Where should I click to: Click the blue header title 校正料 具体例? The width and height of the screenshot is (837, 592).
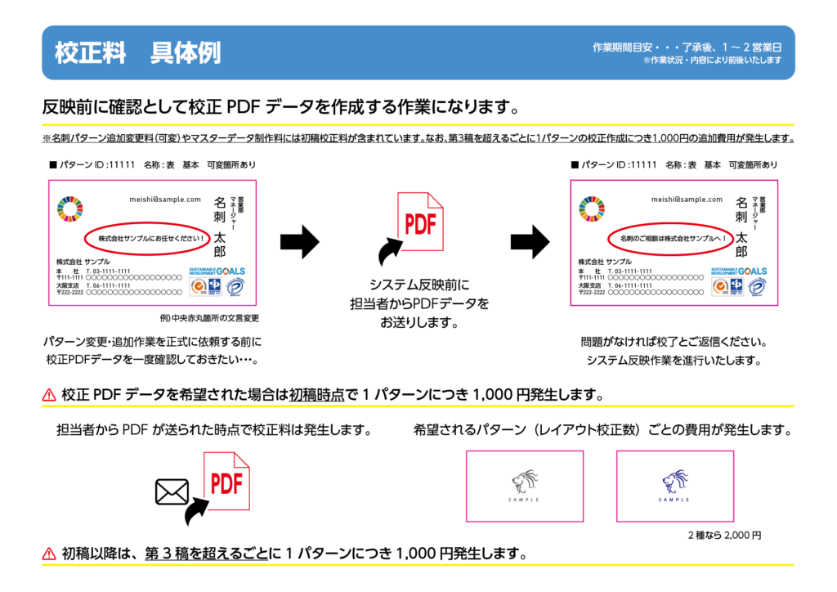tap(137, 53)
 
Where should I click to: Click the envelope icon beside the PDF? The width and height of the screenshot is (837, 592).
tap(172, 491)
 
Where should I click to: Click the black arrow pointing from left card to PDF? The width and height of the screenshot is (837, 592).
tap(299, 242)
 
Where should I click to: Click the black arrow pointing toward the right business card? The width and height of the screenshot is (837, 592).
tap(530, 242)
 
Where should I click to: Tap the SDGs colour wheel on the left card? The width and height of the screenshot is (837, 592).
tap(70, 209)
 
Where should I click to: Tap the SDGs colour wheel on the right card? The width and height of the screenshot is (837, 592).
tap(592, 209)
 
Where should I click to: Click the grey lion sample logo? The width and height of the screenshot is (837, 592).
tap(525, 482)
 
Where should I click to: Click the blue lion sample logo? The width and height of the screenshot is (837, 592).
tap(674, 482)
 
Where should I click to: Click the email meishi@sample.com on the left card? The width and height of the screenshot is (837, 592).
tap(165, 199)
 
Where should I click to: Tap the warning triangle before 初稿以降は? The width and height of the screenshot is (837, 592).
tap(49, 554)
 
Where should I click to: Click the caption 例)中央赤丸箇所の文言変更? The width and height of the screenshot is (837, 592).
tap(209, 317)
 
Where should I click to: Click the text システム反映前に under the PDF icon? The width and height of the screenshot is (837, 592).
tap(419, 285)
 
